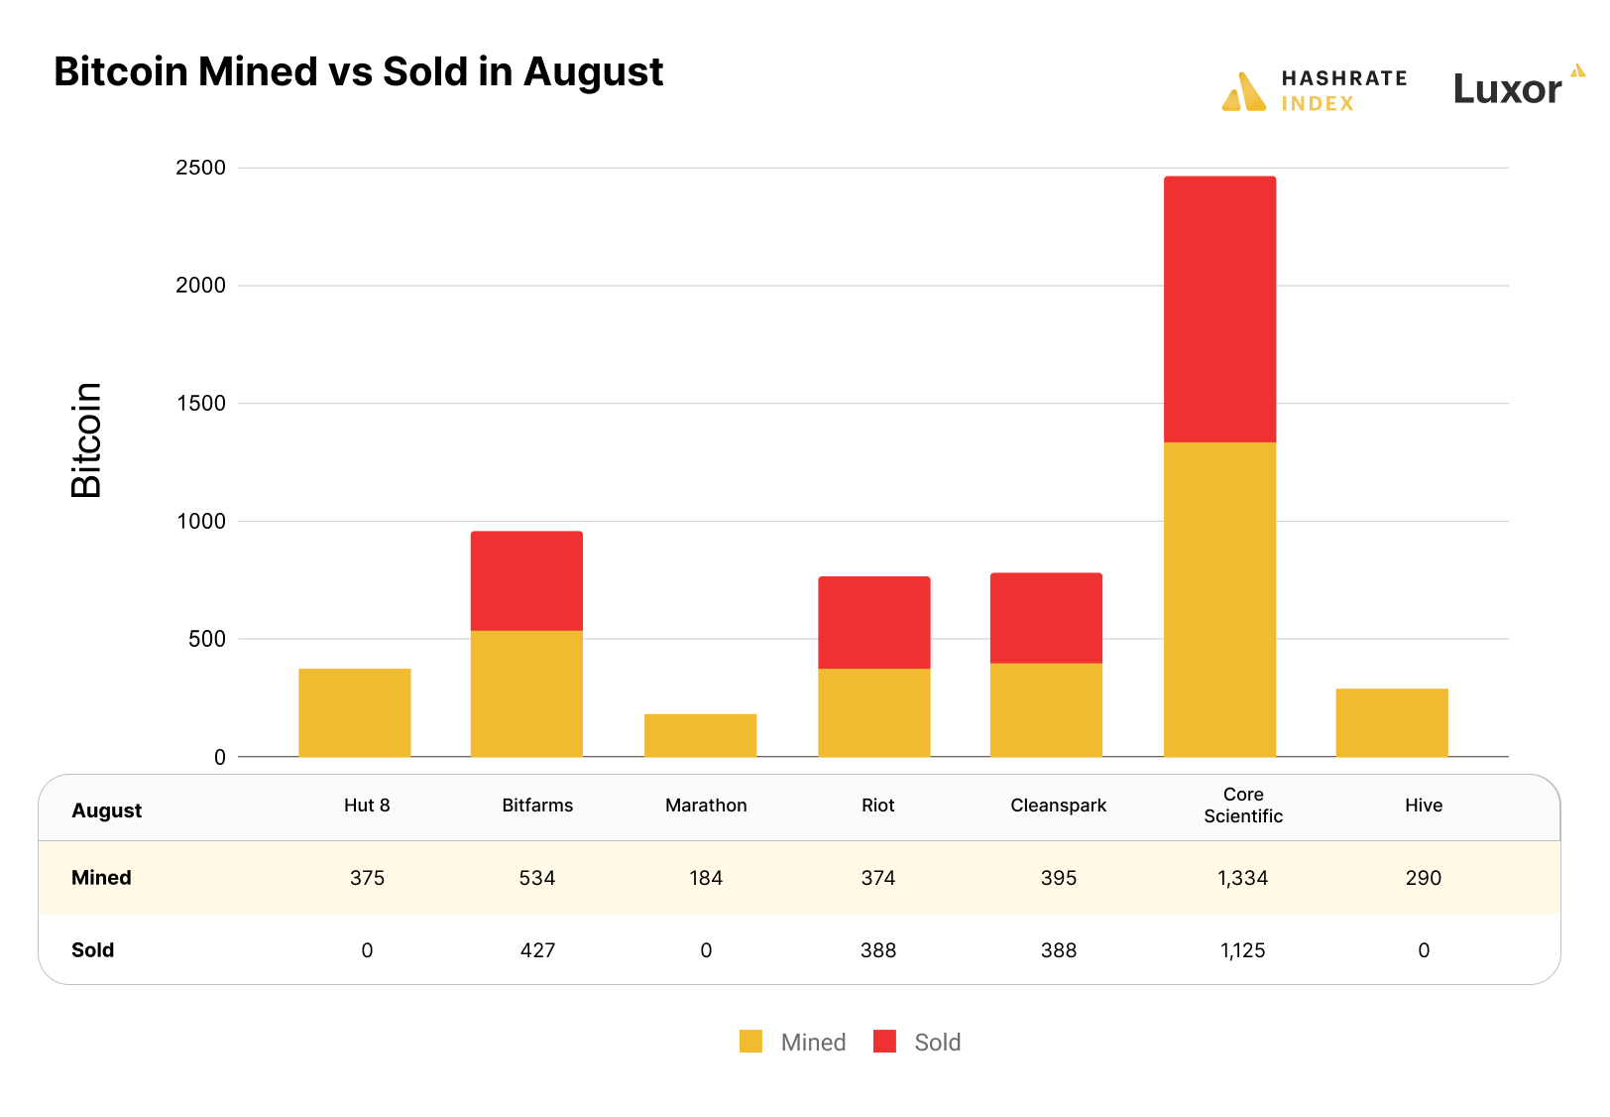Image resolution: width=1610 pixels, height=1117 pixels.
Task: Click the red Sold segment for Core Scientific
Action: pyautogui.click(x=1219, y=310)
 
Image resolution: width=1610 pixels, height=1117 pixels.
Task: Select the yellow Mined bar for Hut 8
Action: pyautogui.click(x=354, y=712)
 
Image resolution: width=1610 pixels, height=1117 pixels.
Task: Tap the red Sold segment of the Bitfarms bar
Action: pyautogui.click(x=526, y=581)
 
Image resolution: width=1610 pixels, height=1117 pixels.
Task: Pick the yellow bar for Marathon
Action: pyautogui.click(x=700, y=735)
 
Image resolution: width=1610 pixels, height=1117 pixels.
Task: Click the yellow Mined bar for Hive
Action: pyautogui.click(x=1391, y=722)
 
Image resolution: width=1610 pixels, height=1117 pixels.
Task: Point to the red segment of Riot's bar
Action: pyautogui.click(x=873, y=623)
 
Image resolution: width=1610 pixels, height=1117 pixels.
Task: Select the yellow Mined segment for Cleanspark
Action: pyautogui.click(x=1046, y=709)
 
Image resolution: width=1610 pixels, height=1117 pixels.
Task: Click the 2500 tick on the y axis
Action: pyautogui.click(x=201, y=168)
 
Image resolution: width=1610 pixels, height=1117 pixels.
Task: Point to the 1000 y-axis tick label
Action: pyautogui.click(x=201, y=522)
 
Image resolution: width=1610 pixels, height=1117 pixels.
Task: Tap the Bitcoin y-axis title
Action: pyautogui.click(x=86, y=439)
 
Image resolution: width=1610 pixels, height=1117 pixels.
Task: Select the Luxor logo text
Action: pyautogui.click(x=1507, y=90)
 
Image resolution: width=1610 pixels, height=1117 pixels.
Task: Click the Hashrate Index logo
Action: pyautogui.click(x=1314, y=90)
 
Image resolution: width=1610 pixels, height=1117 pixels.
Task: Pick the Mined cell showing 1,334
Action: pyautogui.click(x=1242, y=878)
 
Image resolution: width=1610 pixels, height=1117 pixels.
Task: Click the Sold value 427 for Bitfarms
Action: pyautogui.click(x=537, y=950)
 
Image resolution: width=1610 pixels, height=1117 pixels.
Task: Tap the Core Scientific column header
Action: pyautogui.click(x=1242, y=806)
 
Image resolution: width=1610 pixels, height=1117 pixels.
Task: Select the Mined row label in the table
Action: pyautogui.click(x=101, y=878)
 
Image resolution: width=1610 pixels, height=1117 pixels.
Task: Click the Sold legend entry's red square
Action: pyautogui.click(x=884, y=1042)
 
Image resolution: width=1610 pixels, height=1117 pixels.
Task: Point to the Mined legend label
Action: pyautogui.click(x=813, y=1043)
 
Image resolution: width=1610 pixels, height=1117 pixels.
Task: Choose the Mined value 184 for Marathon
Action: pyautogui.click(x=706, y=878)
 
